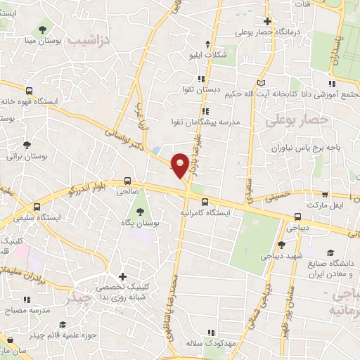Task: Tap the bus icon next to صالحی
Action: click(128, 179)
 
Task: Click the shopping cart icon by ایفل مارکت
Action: click(324, 195)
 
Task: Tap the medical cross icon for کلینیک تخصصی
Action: click(122, 276)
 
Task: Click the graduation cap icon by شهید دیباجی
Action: click(281, 245)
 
